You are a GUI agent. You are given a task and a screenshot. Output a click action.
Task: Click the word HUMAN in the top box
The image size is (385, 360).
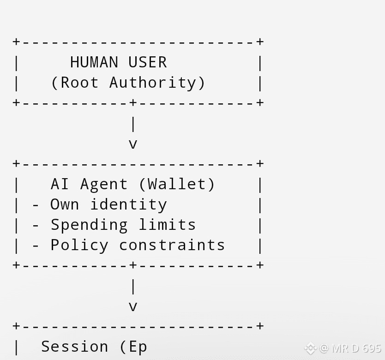(94, 62)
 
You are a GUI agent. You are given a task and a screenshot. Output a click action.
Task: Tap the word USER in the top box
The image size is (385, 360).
(147, 62)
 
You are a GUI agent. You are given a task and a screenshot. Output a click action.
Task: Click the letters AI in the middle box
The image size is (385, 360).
(60, 184)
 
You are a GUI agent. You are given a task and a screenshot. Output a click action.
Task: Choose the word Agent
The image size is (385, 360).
(104, 184)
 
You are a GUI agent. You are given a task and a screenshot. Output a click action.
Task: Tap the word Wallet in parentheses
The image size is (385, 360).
(177, 184)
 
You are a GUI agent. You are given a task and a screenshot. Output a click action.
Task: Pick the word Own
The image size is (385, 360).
(65, 204)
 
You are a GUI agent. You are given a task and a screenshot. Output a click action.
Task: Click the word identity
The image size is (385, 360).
(128, 204)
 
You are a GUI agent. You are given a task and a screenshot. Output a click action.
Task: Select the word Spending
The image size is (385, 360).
(89, 225)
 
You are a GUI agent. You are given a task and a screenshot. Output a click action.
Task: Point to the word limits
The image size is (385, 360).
(167, 225)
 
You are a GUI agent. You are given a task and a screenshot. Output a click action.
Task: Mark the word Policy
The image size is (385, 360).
(79, 245)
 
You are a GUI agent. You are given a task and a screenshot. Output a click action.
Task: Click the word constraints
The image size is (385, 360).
(172, 245)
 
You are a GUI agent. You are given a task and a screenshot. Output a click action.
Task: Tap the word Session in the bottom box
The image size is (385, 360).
(75, 347)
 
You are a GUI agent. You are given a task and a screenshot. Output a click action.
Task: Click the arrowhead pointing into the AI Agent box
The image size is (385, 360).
(133, 144)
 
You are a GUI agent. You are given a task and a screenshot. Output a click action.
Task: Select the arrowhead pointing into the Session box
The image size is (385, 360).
(133, 307)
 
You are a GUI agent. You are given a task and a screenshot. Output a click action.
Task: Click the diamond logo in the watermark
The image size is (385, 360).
(310, 348)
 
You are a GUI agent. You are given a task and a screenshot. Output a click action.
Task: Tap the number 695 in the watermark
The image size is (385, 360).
(372, 348)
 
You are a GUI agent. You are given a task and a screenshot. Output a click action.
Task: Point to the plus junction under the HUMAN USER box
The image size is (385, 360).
(133, 102)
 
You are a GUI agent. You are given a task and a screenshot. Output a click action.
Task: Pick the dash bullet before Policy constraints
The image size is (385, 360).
(36, 246)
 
